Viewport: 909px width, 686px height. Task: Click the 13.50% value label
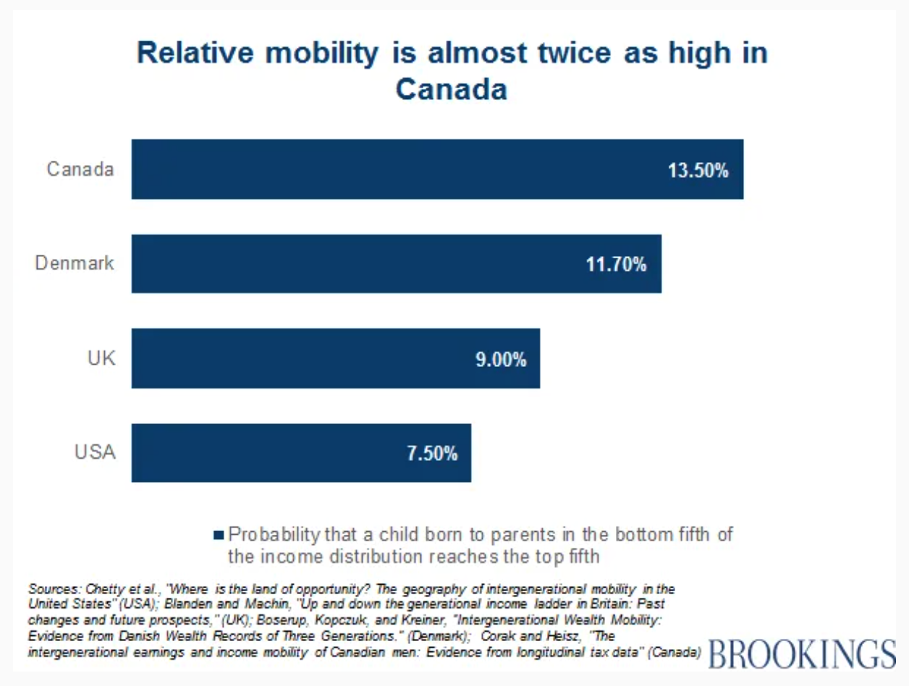[698, 171]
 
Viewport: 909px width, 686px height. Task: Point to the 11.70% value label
[616, 265]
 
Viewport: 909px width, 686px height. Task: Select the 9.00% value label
[501, 360]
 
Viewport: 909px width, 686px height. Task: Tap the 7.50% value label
[431, 454]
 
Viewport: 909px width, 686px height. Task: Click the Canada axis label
[80, 169]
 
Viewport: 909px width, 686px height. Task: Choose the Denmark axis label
[75, 263]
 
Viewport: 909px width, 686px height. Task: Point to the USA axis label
[95, 452]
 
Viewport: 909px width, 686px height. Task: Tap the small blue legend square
[219, 535]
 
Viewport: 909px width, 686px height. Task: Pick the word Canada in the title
[451, 90]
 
